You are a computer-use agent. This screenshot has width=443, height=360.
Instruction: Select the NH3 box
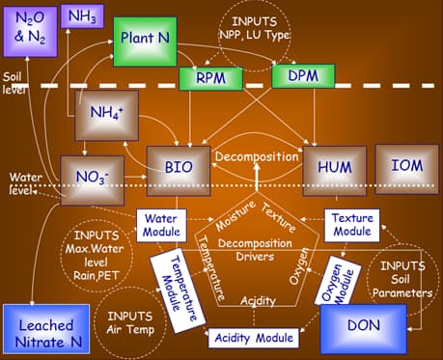pyautogui.click(x=83, y=15)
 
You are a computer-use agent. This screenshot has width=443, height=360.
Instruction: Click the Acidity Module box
pyautogui.click(x=250, y=337)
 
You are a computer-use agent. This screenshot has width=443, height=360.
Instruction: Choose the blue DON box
pyautogui.click(x=363, y=327)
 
